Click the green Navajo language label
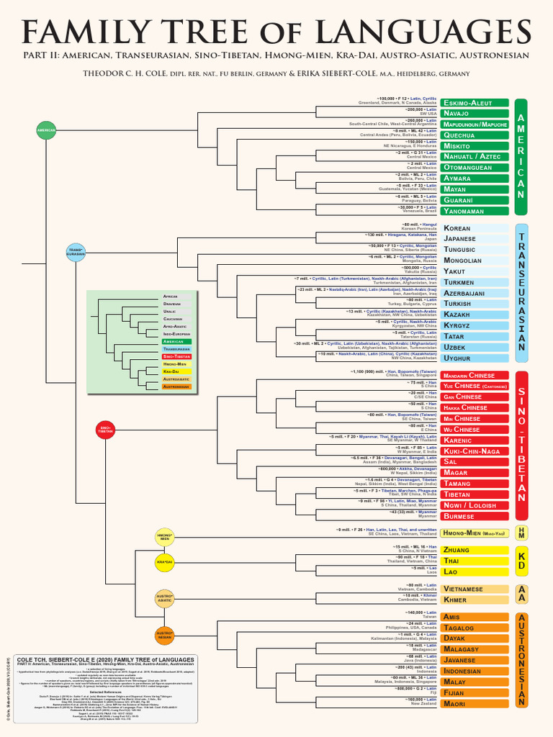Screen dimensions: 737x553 point(475,114)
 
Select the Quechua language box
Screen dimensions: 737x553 point(475,135)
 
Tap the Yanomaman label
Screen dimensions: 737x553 point(475,211)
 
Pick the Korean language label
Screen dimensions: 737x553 point(475,228)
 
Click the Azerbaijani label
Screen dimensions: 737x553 point(475,294)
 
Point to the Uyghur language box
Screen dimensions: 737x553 point(475,358)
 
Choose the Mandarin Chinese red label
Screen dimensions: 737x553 point(475,376)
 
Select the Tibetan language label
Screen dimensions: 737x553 point(475,494)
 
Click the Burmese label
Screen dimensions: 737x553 point(475,516)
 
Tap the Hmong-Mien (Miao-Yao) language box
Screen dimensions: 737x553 point(475,533)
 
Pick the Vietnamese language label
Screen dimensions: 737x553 point(475,589)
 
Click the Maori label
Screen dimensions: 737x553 point(475,703)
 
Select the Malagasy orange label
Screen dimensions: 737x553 point(475,649)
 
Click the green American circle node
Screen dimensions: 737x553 point(46,130)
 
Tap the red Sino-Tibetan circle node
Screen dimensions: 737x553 point(106,429)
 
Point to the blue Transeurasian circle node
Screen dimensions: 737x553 point(76,253)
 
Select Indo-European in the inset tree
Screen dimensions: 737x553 point(177,335)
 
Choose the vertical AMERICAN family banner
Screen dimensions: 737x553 point(521,157)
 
